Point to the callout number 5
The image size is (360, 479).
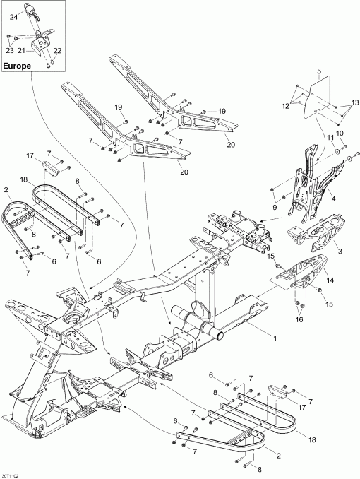(318, 72)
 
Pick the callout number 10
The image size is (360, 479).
(340, 133)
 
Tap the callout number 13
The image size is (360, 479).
(354, 103)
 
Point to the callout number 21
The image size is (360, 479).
(21, 50)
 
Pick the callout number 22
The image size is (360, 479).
(57, 51)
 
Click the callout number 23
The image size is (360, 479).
(9, 50)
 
